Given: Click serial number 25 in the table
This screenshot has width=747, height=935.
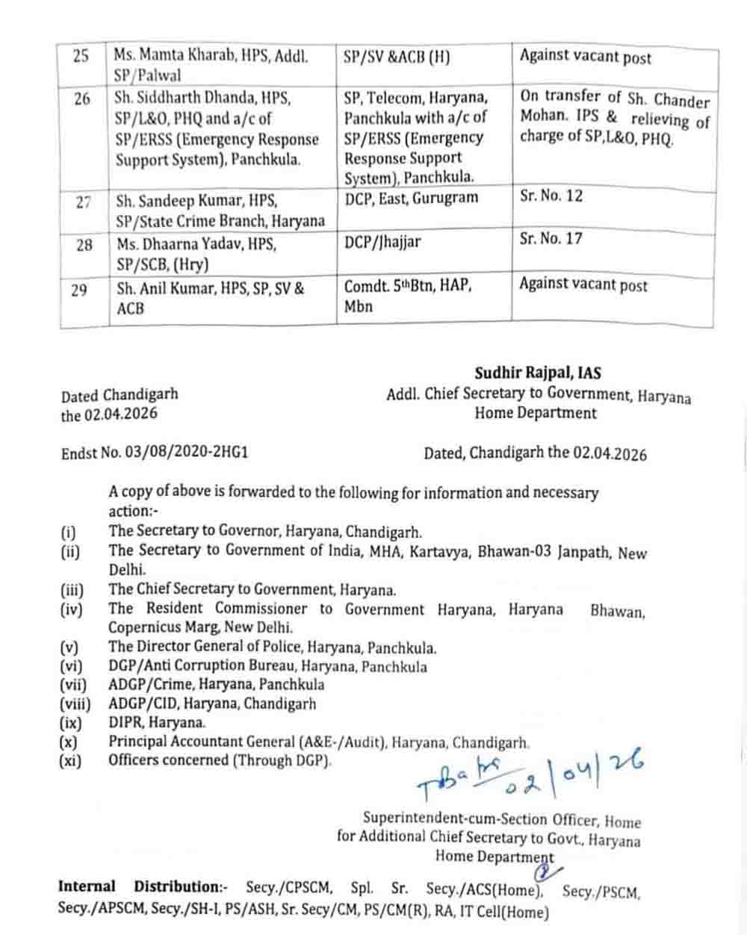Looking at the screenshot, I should tap(81, 56).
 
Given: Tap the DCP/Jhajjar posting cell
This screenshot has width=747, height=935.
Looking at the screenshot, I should tap(382, 240).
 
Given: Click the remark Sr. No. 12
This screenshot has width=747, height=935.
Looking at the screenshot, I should tap(551, 196).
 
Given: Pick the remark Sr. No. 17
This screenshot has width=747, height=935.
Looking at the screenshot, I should tap(551, 239).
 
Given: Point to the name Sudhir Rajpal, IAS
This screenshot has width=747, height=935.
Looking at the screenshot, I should tap(538, 373).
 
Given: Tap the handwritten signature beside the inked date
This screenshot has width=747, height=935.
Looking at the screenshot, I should tap(458, 776).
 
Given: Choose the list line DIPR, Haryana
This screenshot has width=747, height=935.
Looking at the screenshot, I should tap(156, 722).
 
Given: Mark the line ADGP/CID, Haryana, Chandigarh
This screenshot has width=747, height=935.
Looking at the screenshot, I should tap(211, 703).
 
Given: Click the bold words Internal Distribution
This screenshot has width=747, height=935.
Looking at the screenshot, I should tap(142, 887).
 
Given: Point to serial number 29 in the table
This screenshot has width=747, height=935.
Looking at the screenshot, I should tap(79, 291).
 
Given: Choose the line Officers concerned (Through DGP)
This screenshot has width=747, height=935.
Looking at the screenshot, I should tap(220, 760).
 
